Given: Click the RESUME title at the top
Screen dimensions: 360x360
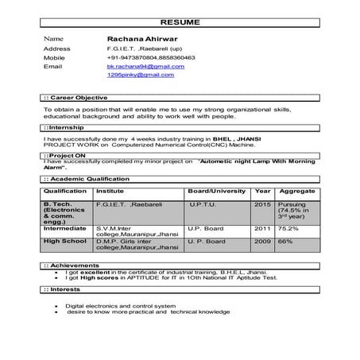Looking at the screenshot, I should pyautogui.click(x=180, y=22).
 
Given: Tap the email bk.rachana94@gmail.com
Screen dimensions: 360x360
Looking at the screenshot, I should pyautogui.click(x=145, y=67).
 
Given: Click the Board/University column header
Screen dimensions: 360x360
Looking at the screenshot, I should pyautogui.click(x=216, y=192).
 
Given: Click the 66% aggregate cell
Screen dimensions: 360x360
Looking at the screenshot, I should pyautogui.click(x=286, y=241).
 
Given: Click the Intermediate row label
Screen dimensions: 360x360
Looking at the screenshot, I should pyautogui.click(x=66, y=229).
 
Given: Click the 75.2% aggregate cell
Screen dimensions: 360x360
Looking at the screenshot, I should pyautogui.click(x=289, y=229).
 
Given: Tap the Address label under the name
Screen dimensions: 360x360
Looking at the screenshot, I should pyautogui.click(x=56, y=48).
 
